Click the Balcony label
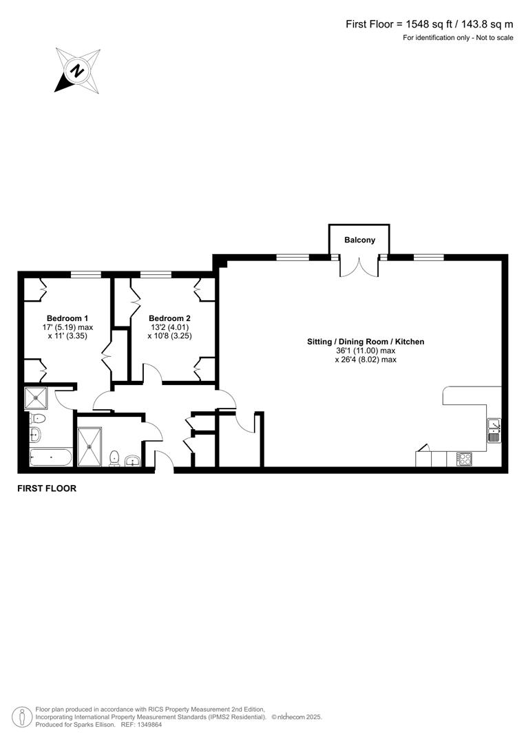[360, 240]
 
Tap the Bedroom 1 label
[67, 318]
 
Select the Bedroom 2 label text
[169, 318]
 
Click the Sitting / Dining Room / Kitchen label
[366, 342]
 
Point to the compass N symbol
[78, 70]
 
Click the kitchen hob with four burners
[464, 458]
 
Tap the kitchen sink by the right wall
[494, 429]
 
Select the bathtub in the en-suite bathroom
[51, 457]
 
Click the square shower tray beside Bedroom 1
[34, 398]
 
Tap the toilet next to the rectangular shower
[115, 457]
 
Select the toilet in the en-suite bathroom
[37, 418]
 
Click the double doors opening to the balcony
[359, 266]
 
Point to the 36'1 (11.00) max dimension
[366, 351]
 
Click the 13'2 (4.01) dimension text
[169, 327]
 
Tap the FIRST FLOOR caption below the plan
[47, 488]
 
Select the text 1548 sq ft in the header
[429, 24]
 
